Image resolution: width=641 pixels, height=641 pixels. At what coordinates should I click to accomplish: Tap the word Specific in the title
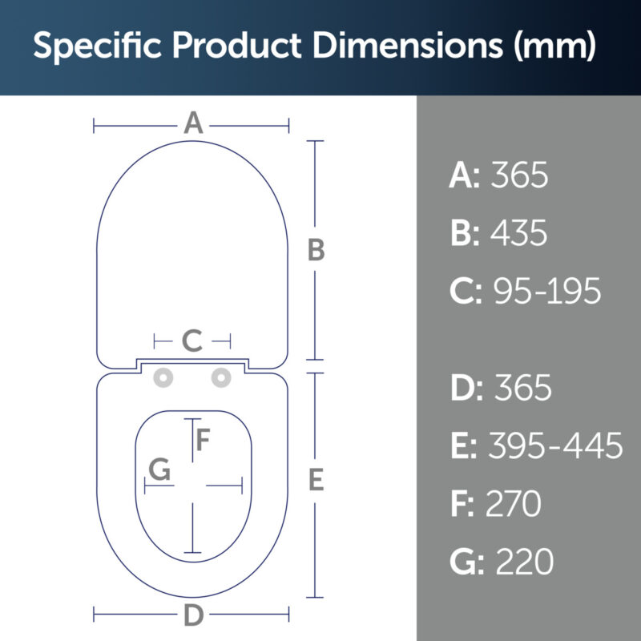tap(97, 46)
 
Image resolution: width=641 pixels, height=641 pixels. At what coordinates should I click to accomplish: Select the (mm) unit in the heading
tap(554, 46)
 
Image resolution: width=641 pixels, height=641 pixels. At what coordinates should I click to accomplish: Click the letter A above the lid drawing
tap(193, 123)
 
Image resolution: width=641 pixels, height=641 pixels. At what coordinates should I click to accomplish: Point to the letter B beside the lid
tap(316, 250)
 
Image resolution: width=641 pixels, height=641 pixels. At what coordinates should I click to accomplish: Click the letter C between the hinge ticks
tap(192, 341)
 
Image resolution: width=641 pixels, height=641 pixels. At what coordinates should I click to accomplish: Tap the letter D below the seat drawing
tap(194, 615)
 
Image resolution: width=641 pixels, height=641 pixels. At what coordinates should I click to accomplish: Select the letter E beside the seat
tap(316, 479)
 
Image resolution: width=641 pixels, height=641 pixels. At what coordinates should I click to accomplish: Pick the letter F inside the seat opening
tap(204, 439)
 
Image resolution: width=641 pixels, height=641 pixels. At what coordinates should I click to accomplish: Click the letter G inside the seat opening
tap(159, 470)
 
